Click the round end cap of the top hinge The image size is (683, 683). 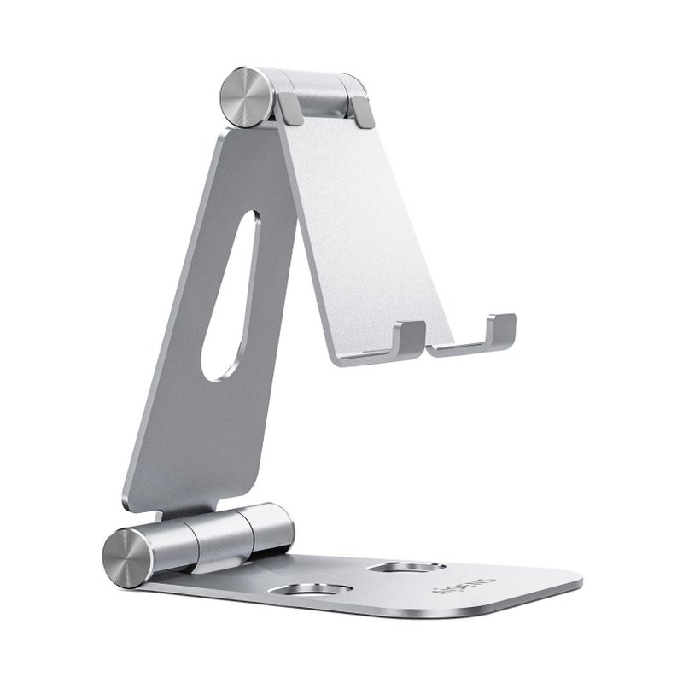pyautogui.click(x=247, y=96)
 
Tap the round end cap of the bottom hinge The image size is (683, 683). pyautogui.click(x=128, y=557)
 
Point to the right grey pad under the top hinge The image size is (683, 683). pyautogui.click(x=362, y=112)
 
